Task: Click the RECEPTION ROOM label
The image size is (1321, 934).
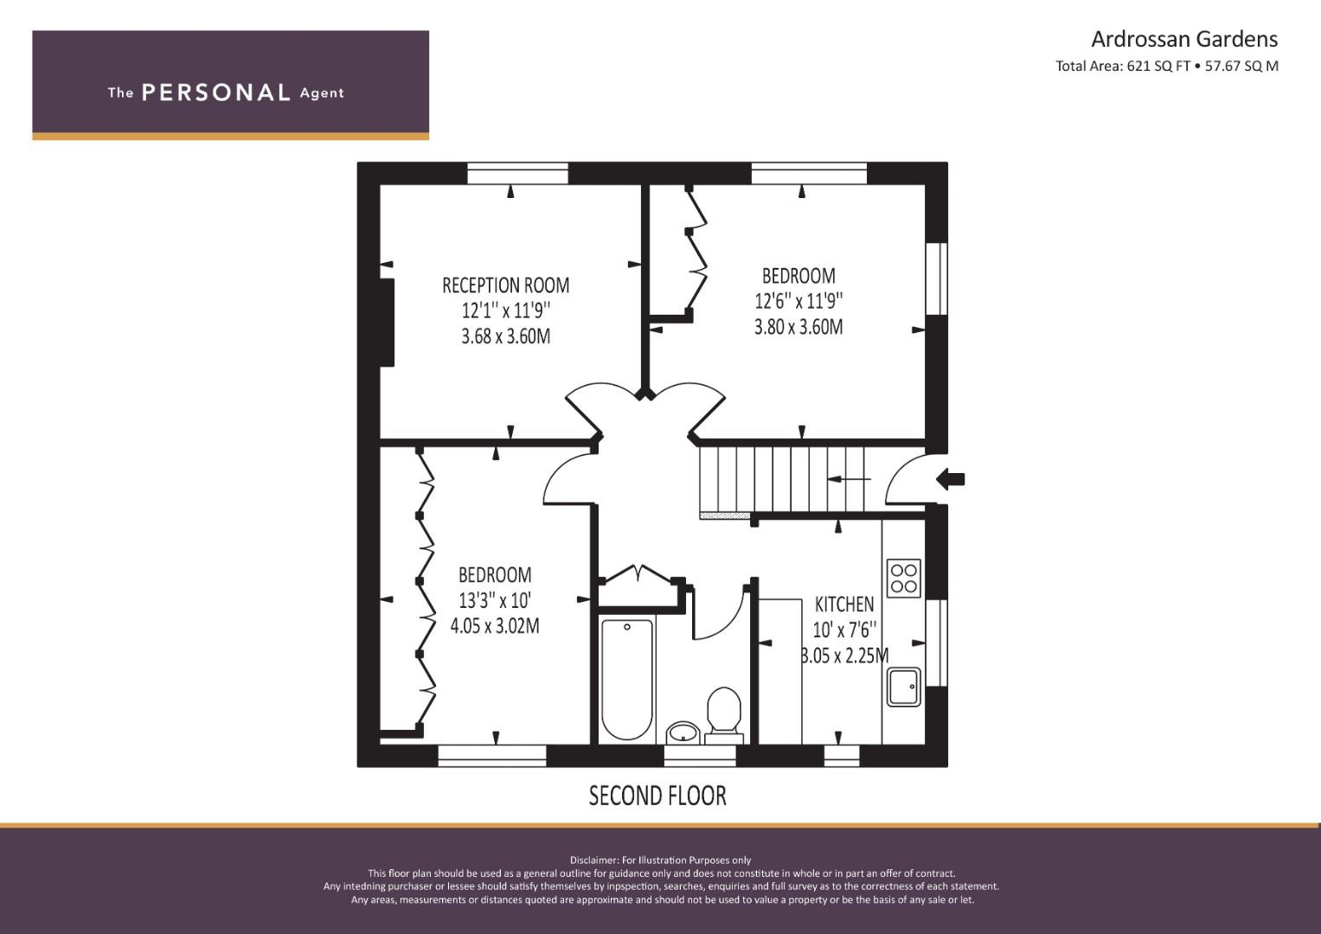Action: [x=505, y=285]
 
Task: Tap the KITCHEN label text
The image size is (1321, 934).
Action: [x=844, y=604]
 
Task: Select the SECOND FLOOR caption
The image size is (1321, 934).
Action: [x=657, y=796]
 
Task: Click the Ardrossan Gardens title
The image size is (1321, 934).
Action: [x=1184, y=40]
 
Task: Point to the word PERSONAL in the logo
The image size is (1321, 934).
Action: [x=216, y=93]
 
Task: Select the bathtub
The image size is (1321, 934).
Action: [x=627, y=679]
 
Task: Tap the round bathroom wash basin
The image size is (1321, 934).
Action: [x=683, y=733]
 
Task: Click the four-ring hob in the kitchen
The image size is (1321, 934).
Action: [x=903, y=578]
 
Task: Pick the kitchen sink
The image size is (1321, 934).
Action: [x=903, y=687]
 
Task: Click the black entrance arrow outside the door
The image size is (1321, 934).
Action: [x=951, y=479]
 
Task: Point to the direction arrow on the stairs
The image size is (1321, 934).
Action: [x=850, y=479]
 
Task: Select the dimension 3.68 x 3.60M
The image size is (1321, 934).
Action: [x=505, y=336]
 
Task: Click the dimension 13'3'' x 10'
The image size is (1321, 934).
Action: [x=495, y=600]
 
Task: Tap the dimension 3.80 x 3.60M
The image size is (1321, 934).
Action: [x=798, y=327]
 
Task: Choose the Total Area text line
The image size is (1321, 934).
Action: [x=1166, y=66]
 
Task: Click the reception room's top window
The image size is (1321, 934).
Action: [x=518, y=173]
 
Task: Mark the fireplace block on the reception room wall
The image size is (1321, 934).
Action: [x=387, y=323]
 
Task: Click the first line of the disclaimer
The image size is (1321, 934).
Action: [x=660, y=860]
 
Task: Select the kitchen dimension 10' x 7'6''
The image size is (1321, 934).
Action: [x=844, y=630]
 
